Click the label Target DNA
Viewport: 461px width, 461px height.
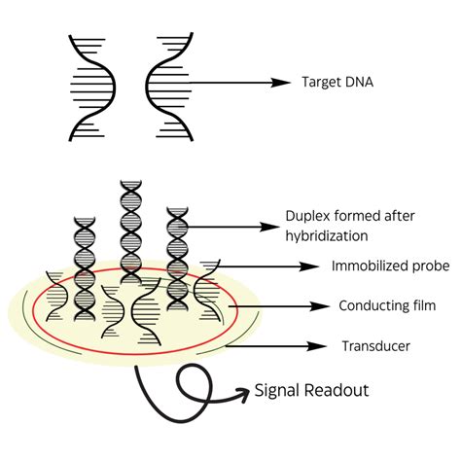point(339,83)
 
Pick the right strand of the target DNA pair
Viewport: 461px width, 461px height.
point(163,87)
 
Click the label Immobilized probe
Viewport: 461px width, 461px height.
point(384,266)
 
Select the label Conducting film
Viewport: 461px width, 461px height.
point(385,305)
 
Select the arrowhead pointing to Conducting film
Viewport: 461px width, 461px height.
point(323,305)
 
